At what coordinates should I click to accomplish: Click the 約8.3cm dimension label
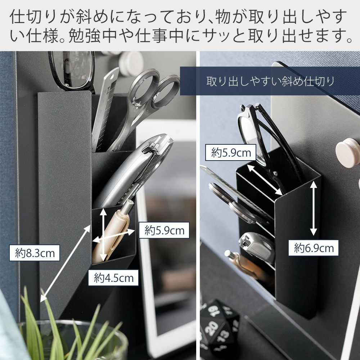pyautogui.click(x=35, y=253)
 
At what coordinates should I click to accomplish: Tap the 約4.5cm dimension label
pyautogui.click(x=113, y=278)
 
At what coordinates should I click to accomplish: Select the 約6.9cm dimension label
pyautogui.click(x=314, y=248)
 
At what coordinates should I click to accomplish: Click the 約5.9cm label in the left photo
pyautogui.click(x=164, y=230)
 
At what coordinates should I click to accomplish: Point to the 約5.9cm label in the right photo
pyautogui.click(x=230, y=152)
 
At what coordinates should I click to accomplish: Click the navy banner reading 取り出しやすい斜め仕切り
pyautogui.click(x=270, y=81)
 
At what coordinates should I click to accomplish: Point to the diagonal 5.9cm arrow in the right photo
pyautogui.click(x=265, y=180)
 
